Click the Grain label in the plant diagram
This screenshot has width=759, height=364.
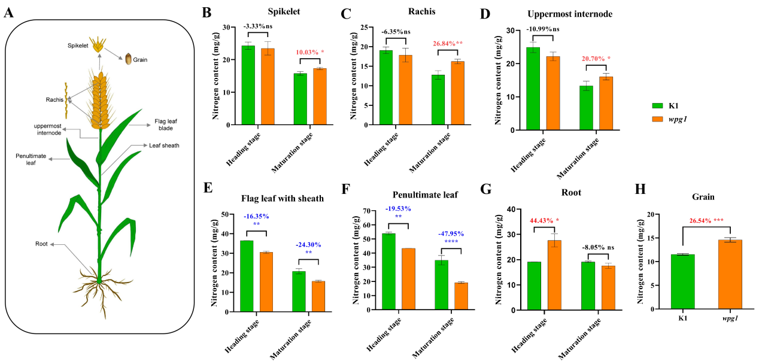140,60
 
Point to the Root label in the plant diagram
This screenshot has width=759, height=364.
41,244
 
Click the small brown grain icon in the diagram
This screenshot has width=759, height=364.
128,59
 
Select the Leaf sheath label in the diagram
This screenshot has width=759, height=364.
165,145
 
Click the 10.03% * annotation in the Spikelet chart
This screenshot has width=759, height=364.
309,52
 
